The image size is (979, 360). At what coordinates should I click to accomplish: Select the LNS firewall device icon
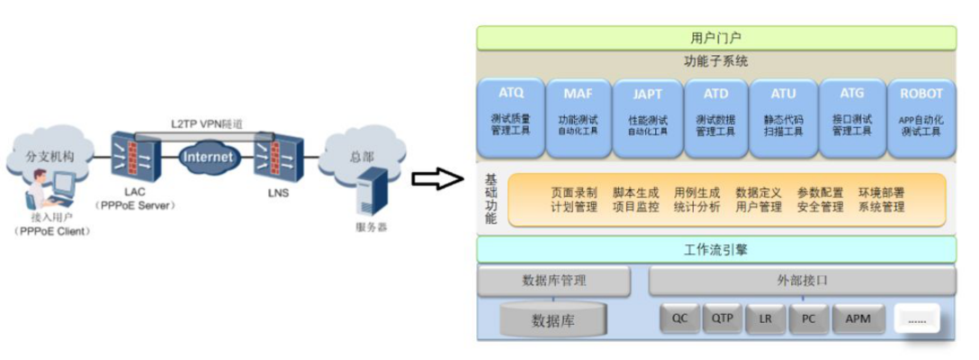click(x=278, y=157)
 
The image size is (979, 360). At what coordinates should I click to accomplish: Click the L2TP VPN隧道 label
click(x=207, y=124)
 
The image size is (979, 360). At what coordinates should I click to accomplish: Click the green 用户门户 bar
click(x=716, y=38)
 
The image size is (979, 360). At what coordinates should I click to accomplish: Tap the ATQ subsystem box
click(x=510, y=118)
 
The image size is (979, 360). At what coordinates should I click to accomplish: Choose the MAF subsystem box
click(x=578, y=118)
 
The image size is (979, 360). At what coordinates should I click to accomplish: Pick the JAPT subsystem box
click(x=647, y=118)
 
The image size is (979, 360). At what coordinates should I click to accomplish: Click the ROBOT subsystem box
click(x=921, y=118)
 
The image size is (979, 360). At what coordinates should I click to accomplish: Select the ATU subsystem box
click(x=783, y=118)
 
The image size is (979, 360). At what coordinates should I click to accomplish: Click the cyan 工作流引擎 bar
click(x=716, y=250)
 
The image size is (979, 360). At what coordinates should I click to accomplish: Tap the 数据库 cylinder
click(x=552, y=320)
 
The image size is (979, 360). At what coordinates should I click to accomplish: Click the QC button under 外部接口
click(x=679, y=319)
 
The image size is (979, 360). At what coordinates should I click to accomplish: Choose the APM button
click(x=858, y=319)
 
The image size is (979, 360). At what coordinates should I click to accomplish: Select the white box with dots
click(x=917, y=319)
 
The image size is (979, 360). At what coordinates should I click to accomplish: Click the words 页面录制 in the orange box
click(x=574, y=193)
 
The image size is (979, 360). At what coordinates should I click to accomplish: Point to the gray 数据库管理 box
click(x=553, y=280)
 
